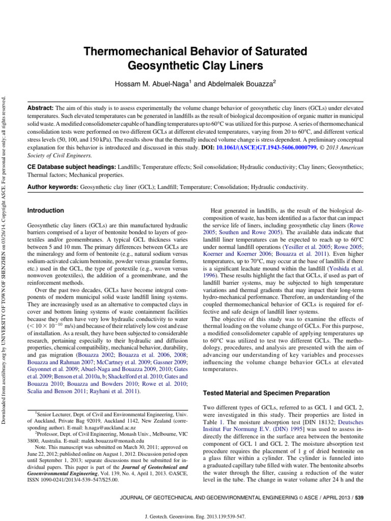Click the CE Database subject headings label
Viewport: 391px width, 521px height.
(x=71, y=167)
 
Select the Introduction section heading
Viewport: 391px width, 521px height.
(x=45, y=210)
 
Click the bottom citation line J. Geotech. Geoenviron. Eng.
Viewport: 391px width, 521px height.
(x=195, y=516)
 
